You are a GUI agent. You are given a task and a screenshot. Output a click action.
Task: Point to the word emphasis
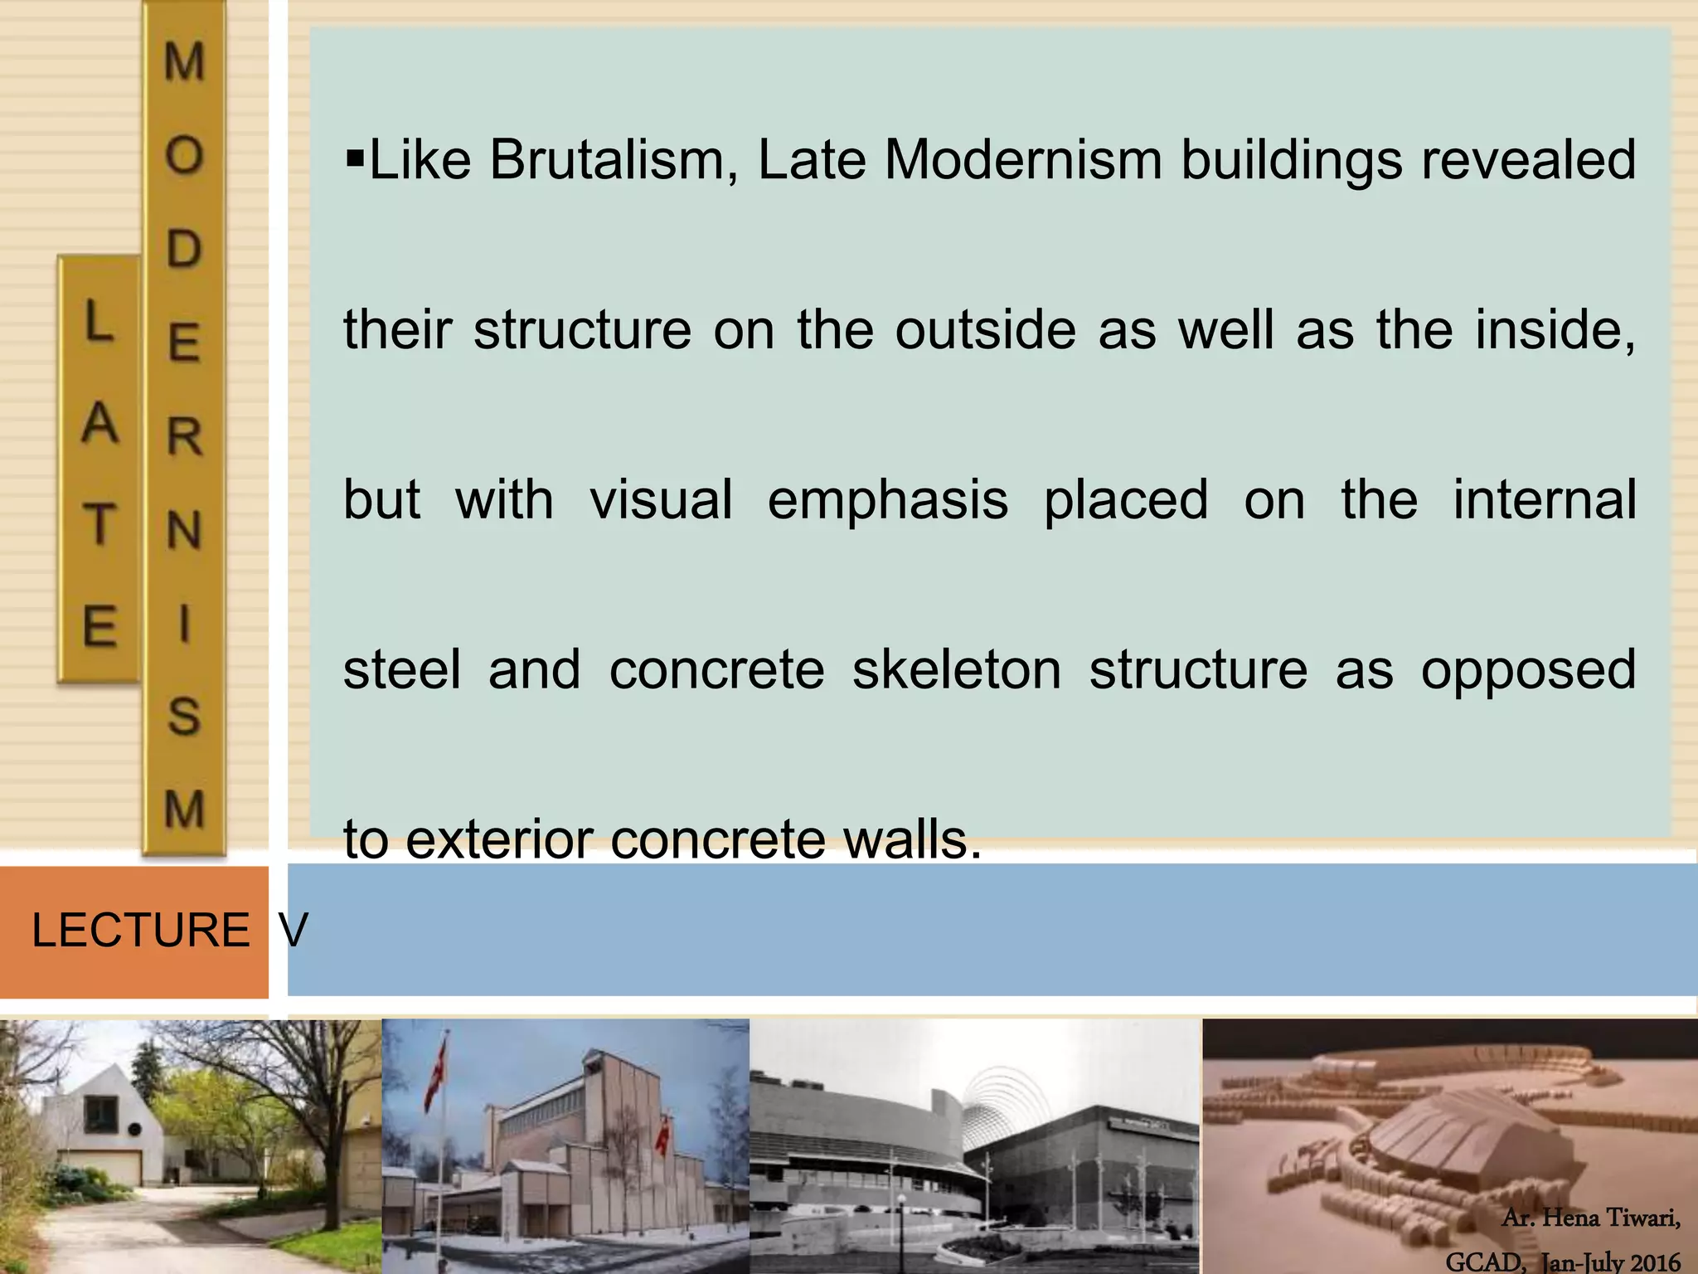887,501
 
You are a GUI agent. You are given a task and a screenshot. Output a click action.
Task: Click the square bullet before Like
354,155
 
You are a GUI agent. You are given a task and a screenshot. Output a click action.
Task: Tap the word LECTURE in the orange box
140,930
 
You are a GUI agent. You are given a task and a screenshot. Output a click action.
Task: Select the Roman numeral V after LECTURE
294,930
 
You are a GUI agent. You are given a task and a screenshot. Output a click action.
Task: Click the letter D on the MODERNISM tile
184,248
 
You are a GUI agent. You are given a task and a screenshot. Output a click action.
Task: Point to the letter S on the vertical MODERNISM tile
184,715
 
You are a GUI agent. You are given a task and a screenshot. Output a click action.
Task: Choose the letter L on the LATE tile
98,322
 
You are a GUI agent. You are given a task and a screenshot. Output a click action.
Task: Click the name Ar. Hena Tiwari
1590,1218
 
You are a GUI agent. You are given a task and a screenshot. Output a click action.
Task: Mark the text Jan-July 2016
1610,1262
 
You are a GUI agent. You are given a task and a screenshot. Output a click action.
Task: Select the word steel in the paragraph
401,670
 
